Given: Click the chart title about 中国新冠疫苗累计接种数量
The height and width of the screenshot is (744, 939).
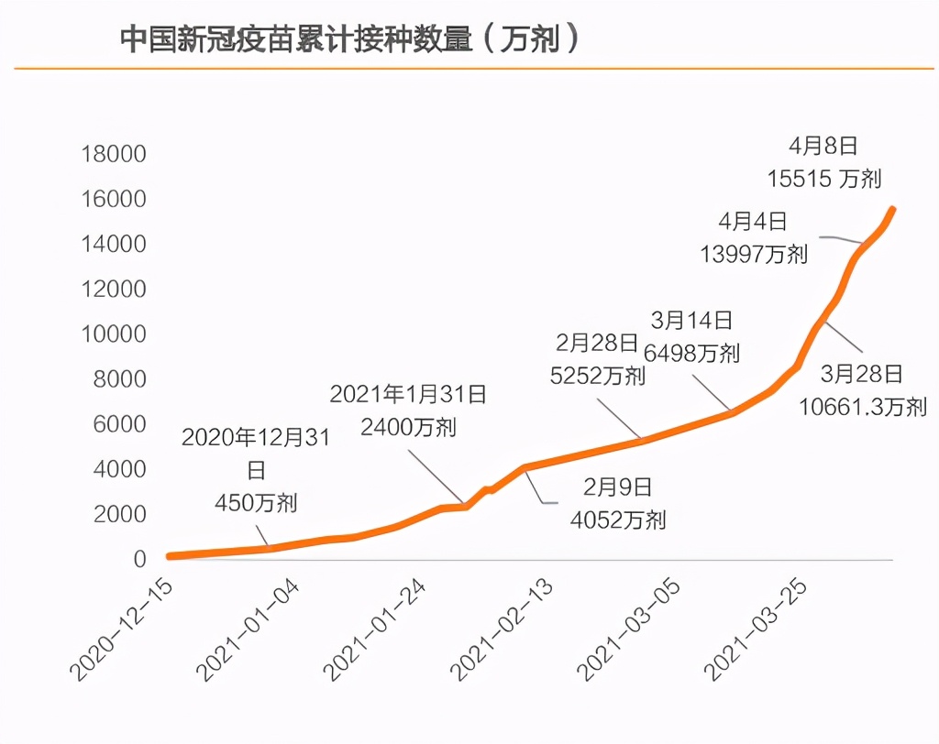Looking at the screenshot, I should pyautogui.click(x=350, y=39).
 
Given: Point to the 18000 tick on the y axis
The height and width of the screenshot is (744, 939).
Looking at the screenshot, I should pyautogui.click(x=114, y=154).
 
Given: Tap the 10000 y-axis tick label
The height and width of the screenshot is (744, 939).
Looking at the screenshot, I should pyautogui.click(x=114, y=334).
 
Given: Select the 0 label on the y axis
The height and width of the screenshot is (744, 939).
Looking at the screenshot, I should pyautogui.click(x=139, y=559).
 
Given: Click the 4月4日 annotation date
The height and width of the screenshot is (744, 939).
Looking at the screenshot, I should pyautogui.click(x=753, y=221).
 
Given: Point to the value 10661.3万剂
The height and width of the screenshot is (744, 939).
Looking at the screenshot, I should pyautogui.click(x=861, y=406).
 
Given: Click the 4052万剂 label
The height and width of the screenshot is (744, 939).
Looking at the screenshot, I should pyautogui.click(x=618, y=520).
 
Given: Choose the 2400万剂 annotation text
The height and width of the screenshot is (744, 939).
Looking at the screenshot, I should pyautogui.click(x=409, y=428).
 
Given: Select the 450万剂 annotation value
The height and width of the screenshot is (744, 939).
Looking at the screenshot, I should pyautogui.click(x=256, y=502).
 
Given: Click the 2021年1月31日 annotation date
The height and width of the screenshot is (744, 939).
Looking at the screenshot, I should pyautogui.click(x=409, y=394).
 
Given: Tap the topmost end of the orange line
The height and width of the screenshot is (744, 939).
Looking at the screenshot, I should pyautogui.click(x=893, y=210).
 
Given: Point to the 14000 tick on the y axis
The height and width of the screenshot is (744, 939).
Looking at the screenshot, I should pyautogui.click(x=114, y=244).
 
